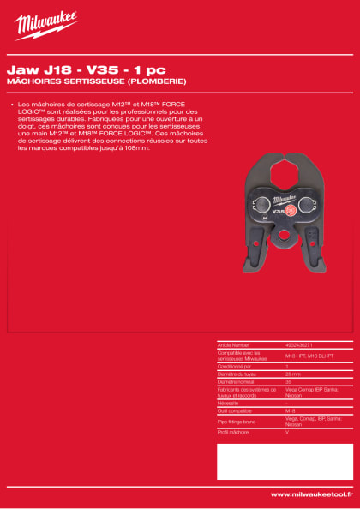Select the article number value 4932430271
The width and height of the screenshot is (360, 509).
pyautogui.click(x=299, y=344)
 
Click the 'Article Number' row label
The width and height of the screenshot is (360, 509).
pyautogui.click(x=233, y=344)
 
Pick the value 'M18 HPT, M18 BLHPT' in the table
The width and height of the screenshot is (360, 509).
pyautogui.click(x=304, y=355)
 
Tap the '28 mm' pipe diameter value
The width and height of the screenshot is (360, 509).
pyautogui.click(x=292, y=373)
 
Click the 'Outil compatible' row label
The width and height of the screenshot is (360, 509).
pyautogui.click(x=235, y=410)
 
